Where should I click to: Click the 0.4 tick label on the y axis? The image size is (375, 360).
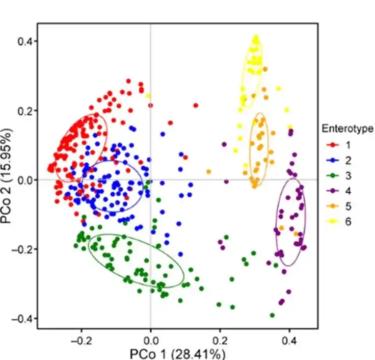click(25, 41)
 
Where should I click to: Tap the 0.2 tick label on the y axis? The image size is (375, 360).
click(25, 111)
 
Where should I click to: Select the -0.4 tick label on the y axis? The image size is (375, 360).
click(23, 318)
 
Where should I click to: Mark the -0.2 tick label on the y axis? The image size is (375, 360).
click(23, 249)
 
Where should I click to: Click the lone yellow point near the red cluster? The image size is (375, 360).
click(148, 95)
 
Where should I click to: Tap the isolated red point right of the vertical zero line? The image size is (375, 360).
click(196, 106)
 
